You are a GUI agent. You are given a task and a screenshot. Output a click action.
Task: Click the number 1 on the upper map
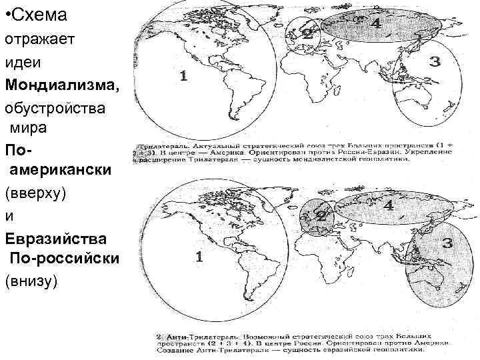click(183, 76)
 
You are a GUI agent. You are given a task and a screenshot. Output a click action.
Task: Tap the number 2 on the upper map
click(307, 32)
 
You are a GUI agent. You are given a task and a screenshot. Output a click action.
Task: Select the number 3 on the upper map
click(435, 62)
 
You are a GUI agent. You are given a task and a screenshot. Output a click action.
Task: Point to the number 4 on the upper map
click(376, 23)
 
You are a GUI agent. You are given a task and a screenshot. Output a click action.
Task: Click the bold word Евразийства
click(53, 237)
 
